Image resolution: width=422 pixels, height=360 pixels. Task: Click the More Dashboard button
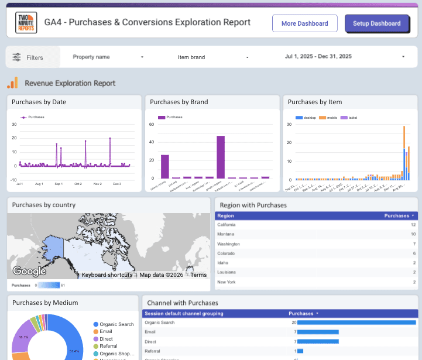(304, 23)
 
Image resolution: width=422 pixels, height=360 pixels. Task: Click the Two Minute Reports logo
(26, 23)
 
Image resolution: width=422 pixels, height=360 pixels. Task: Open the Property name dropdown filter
(108, 57)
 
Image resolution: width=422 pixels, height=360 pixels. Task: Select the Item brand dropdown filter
(214, 57)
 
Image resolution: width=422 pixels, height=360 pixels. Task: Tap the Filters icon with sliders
(16, 57)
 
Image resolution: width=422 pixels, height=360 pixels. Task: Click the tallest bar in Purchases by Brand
(221, 157)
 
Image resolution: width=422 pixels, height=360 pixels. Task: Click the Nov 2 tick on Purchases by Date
(97, 184)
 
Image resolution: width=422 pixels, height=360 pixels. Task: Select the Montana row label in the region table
(226, 234)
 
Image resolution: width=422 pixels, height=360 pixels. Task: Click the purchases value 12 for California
(413, 225)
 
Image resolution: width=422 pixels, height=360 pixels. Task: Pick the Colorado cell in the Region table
(226, 253)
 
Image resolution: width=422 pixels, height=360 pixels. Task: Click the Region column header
(226, 215)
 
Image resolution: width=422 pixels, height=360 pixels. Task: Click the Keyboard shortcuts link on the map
(107, 275)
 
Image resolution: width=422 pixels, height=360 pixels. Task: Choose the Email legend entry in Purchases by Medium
(106, 331)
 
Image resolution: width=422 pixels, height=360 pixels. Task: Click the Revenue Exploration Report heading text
(70, 83)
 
